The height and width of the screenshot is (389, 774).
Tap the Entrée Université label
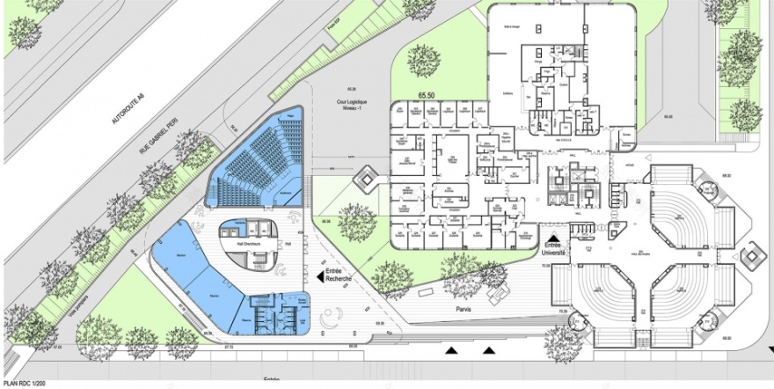click(x=554, y=249)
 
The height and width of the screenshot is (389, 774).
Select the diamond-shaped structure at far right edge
click(x=752, y=258)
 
